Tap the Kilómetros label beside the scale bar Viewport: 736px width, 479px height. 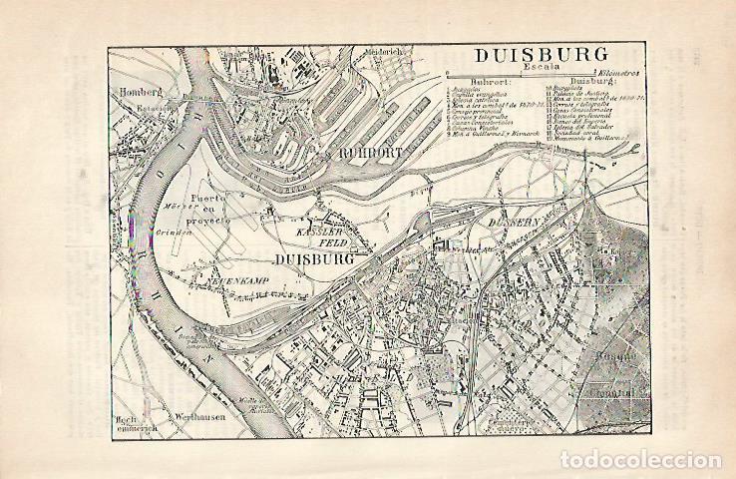pos(620,73)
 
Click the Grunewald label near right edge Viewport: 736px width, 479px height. pos(614,394)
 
